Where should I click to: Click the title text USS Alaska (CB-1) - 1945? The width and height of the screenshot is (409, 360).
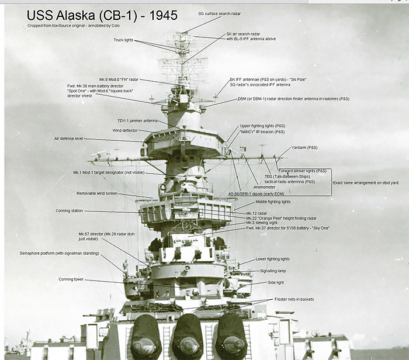tap(102, 15)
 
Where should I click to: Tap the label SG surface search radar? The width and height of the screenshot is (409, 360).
tap(219, 13)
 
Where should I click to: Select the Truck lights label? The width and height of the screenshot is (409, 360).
tap(123, 40)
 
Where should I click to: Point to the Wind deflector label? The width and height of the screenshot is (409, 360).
tap(125, 130)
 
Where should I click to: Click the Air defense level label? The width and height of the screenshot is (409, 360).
tap(68, 139)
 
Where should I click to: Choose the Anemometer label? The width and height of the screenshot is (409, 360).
tap(265, 187)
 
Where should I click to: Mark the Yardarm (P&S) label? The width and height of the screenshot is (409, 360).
tap(304, 148)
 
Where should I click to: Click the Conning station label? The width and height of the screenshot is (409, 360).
tap(69, 211)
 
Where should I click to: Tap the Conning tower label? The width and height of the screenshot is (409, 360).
tap(71, 279)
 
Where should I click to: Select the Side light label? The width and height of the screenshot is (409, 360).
tap(276, 282)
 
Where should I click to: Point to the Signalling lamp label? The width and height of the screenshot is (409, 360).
tap(273, 271)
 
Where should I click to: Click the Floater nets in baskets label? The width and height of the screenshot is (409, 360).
tap(294, 299)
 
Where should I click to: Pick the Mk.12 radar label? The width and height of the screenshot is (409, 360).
tap(257, 213)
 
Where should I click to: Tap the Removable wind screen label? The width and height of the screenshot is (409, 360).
tap(97, 193)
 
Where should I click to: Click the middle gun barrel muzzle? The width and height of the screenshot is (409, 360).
tap(189, 345)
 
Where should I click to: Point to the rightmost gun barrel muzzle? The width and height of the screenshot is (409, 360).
tap(234, 344)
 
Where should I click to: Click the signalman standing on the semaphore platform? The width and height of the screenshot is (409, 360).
tap(126, 266)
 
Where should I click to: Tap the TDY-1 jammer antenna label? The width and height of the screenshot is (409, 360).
tap(137, 121)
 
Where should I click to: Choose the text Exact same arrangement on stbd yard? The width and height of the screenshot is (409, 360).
tap(366, 183)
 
